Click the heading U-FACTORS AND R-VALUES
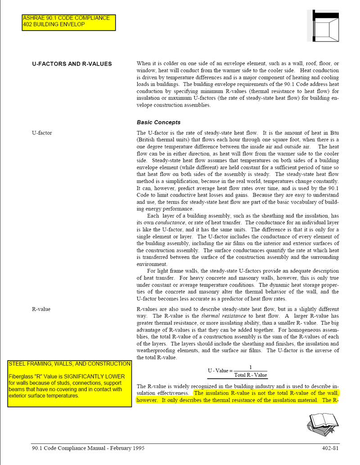[72, 64]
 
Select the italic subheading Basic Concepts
[158, 122]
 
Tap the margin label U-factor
[42, 133]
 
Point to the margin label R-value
[41, 309]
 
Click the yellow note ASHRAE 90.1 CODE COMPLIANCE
[66, 18]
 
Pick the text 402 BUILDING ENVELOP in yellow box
[54, 25]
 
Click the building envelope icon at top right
[323, 26]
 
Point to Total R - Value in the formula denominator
[251, 375]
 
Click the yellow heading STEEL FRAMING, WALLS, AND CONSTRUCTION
[70, 364]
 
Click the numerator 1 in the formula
[251, 367]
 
